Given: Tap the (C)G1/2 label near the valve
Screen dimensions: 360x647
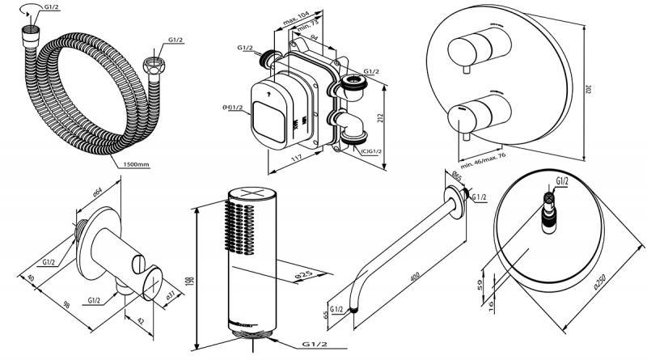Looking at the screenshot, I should [x=371, y=150].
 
